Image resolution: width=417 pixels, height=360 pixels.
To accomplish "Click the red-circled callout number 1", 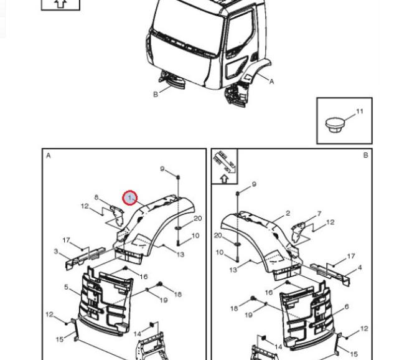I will [x=130, y=198].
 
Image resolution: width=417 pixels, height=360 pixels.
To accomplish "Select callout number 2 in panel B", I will [x=288, y=214].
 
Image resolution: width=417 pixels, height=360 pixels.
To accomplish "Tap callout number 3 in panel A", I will [x=56, y=252].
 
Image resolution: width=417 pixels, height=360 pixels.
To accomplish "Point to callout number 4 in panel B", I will [x=359, y=268].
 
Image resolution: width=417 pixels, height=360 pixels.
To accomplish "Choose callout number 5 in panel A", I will [x=66, y=287].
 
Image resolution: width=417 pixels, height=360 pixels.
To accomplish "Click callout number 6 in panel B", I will [x=347, y=307].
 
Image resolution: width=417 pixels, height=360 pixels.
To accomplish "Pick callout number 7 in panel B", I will [x=319, y=214].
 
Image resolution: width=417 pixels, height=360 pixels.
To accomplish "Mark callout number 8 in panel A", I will [x=96, y=197].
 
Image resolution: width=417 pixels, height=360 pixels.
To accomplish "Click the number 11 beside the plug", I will [x=360, y=112].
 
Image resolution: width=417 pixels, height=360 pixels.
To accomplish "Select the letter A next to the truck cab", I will [x=271, y=82].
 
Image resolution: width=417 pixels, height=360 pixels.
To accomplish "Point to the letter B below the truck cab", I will [x=156, y=95].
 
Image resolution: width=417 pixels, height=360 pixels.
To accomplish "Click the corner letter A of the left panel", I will [x=49, y=156].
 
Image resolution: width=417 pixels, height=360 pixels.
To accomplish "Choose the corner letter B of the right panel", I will [x=365, y=156].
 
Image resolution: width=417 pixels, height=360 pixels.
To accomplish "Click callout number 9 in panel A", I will [x=162, y=169].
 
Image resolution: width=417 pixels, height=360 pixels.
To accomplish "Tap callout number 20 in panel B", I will [x=218, y=235].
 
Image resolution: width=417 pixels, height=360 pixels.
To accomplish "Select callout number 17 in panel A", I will [x=66, y=240].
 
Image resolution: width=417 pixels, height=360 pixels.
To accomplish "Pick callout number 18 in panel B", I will [x=233, y=308].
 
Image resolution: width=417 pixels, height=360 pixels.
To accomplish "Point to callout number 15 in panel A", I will [x=60, y=339].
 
